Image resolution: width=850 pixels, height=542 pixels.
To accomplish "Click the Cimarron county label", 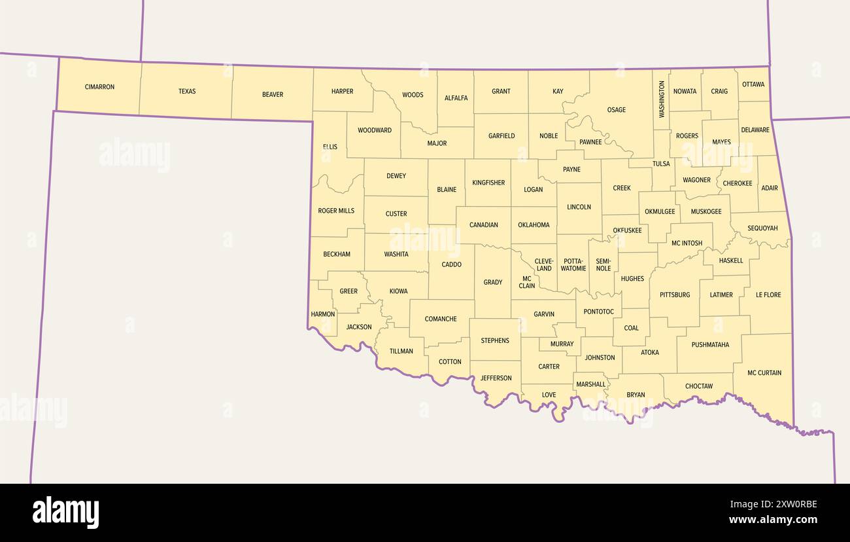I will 99,86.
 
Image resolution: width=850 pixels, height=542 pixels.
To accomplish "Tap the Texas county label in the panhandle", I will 187,91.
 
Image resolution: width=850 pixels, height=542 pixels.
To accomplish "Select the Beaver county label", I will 273,94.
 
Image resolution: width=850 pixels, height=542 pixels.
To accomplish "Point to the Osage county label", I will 616,110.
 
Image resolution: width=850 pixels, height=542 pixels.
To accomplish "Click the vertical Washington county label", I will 662,99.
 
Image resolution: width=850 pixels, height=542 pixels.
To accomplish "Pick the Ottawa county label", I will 753,84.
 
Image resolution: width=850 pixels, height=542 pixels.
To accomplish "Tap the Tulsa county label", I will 661,164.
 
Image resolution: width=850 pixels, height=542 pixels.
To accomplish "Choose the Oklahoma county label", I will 534,225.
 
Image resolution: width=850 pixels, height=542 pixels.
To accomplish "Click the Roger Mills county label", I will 336,211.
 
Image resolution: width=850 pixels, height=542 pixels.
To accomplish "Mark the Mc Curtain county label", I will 764,372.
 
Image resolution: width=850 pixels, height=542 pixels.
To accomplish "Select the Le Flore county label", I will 768,295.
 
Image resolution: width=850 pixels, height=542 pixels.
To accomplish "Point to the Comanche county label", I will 441,319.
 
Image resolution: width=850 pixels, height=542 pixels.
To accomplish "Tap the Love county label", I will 549,395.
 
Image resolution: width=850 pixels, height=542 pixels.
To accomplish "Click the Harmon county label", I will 323,314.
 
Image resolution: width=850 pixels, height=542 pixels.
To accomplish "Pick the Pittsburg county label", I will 675,295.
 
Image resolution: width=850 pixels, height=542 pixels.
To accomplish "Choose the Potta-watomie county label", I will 573,264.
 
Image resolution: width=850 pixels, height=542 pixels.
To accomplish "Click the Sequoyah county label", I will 762,228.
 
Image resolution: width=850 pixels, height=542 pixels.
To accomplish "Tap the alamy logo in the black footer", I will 65,513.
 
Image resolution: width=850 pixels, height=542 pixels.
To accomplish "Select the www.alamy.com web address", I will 773,520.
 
